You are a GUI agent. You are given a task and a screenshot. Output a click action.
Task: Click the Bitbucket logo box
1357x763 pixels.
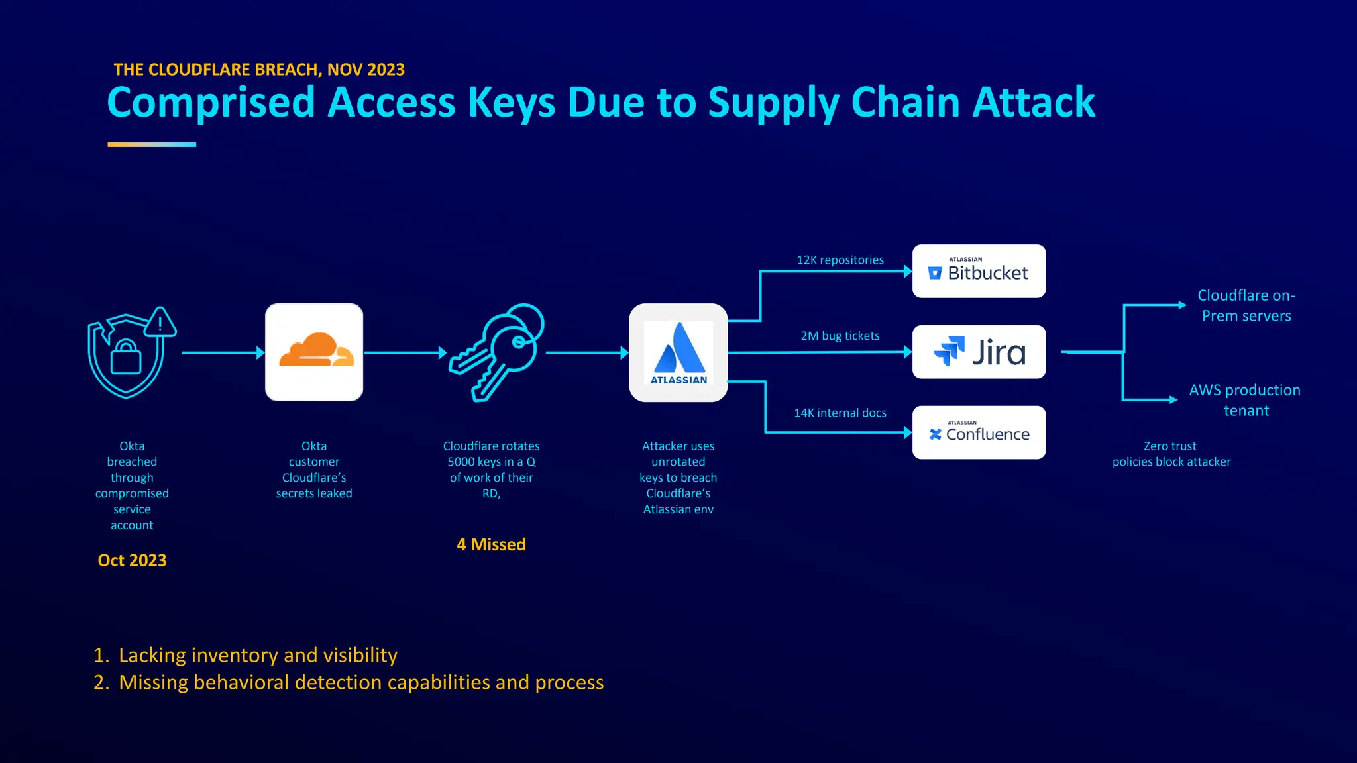tap(979, 272)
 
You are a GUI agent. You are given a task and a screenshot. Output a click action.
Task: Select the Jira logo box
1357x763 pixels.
tap(979, 352)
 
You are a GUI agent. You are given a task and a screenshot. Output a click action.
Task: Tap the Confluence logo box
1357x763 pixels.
tap(979, 432)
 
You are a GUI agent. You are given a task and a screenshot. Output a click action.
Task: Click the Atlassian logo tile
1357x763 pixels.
tap(678, 352)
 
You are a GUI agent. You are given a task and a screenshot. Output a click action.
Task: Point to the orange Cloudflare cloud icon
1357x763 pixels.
tap(314, 352)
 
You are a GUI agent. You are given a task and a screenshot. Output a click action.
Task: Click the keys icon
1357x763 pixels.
tap(496, 352)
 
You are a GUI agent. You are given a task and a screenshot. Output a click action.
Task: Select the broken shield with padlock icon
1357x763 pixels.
tap(126, 358)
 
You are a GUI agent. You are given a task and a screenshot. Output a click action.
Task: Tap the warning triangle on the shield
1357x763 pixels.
tap(160, 323)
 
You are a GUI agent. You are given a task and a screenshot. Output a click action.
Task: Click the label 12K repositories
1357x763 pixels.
tap(840, 260)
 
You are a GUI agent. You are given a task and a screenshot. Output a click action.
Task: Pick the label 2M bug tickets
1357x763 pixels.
tap(840, 336)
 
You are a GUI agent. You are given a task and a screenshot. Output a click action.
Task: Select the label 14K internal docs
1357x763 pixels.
tap(840, 413)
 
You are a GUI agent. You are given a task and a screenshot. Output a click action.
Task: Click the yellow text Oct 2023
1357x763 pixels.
tap(132, 560)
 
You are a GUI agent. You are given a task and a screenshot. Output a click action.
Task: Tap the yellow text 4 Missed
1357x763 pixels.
tap(491, 544)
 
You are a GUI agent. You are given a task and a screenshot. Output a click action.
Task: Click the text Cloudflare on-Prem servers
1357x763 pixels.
tap(1246, 305)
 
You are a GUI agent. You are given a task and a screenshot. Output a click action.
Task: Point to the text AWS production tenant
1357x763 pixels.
tap(1244, 400)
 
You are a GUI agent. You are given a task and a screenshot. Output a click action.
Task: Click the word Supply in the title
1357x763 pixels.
tap(773, 103)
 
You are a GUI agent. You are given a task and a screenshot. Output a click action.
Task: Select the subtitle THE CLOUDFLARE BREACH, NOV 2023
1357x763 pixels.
tap(259, 70)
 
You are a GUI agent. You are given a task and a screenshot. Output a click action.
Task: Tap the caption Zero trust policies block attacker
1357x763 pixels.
tap(1171, 454)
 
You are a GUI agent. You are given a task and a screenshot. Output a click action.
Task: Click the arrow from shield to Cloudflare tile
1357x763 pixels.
tap(222, 353)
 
